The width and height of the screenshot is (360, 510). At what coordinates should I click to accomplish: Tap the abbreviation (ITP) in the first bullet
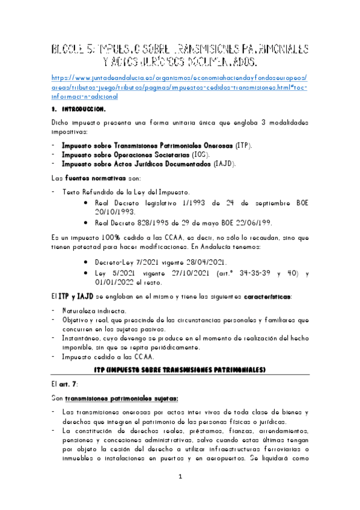pos(243,146)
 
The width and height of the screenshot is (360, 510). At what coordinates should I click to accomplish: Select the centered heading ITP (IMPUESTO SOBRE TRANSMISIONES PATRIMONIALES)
pos(180,369)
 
